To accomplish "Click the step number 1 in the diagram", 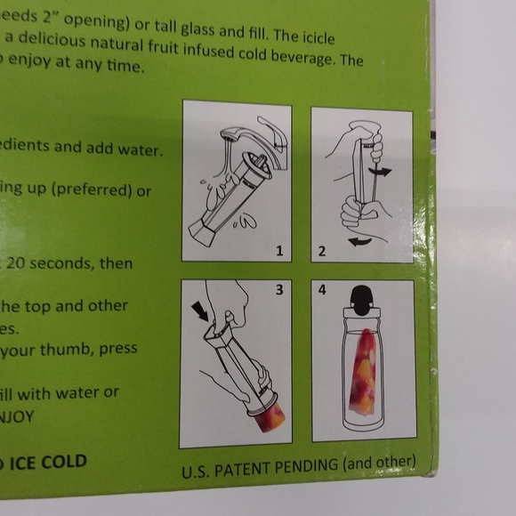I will (278, 252).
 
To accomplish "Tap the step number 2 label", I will (322, 252).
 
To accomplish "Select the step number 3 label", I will (278, 290).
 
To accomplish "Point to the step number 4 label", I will (322, 290).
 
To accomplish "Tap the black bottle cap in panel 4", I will (362, 299).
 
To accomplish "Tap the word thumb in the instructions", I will (69, 349).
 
